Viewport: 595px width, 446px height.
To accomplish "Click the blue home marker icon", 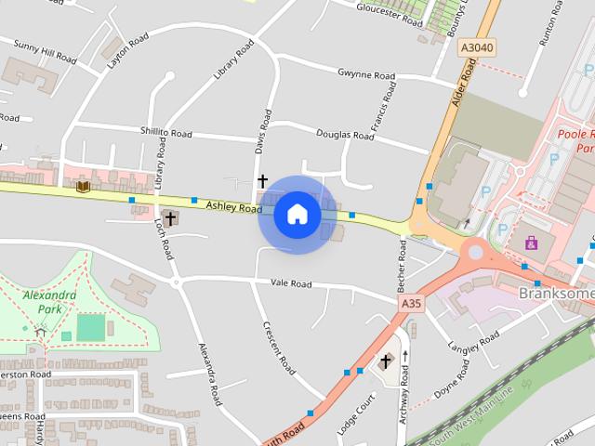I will pos(297,215).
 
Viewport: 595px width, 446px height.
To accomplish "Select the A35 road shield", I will pos(411,303).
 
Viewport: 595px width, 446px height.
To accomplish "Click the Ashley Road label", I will pos(234,208).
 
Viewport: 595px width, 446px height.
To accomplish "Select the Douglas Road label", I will pos(345,136).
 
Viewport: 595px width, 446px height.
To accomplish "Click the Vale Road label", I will pos(290,283).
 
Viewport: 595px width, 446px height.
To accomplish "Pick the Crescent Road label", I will pos(278,348).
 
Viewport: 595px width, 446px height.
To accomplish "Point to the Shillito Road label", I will pos(165,134).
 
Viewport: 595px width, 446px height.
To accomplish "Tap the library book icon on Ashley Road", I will pos(82,187).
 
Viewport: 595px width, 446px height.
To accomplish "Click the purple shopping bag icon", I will pos(531,243).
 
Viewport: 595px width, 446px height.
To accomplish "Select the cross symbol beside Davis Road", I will pos(262,180).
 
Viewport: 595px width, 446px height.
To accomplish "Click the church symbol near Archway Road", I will pos(385,361).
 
